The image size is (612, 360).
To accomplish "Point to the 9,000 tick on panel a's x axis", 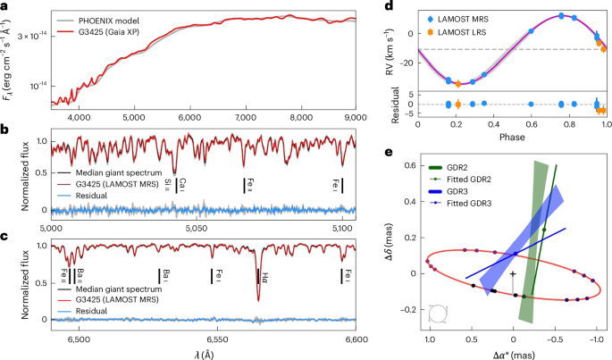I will click(356, 117).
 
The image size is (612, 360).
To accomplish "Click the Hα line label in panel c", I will click(264, 273).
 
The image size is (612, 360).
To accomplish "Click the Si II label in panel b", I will click(166, 185).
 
